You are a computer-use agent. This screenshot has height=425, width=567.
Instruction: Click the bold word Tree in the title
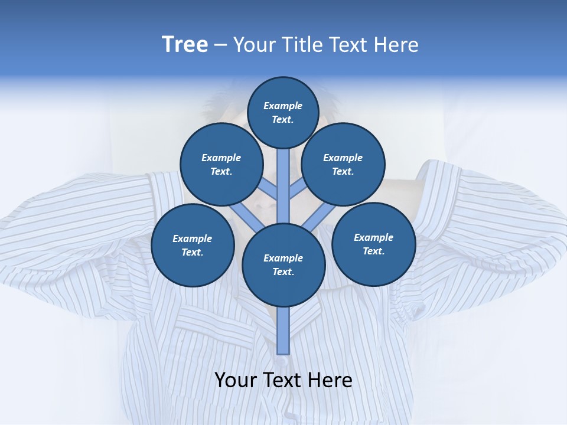185,44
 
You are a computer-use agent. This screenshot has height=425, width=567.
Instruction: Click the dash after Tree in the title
221,45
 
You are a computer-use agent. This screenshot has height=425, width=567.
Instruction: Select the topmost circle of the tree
283,112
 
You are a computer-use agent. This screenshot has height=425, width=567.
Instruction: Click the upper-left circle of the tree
221,164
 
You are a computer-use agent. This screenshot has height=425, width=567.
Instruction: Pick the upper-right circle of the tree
343,164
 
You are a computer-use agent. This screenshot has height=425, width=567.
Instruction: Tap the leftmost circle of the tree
193,245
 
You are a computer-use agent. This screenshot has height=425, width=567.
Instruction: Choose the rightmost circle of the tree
373,244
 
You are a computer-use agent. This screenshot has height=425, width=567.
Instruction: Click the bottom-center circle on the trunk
283,264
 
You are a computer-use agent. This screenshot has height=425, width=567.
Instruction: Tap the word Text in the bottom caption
282,380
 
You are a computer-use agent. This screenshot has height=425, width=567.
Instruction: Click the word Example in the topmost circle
283,106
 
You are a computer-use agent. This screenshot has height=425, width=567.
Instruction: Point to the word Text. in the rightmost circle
373,251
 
